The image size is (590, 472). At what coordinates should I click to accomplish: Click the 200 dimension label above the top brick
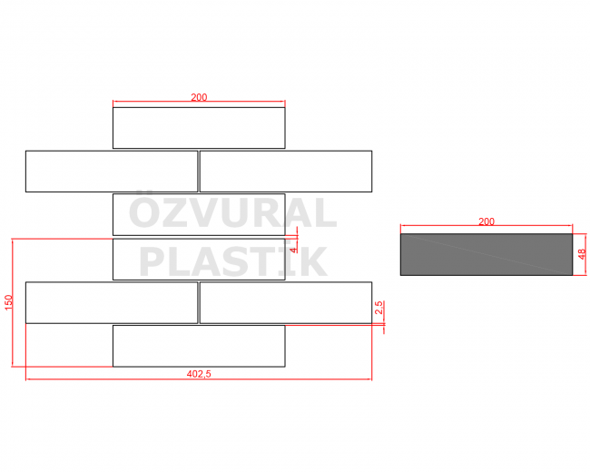(x=199, y=97)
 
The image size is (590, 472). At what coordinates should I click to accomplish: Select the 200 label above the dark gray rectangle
(x=487, y=221)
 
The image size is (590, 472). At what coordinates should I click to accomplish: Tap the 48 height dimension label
(x=582, y=255)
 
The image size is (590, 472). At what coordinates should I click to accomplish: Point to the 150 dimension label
(x=9, y=303)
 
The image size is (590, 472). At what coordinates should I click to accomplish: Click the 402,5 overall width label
(x=199, y=373)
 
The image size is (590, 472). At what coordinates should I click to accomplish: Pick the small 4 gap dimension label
(x=294, y=247)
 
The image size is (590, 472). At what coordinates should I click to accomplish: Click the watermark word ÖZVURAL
(x=232, y=214)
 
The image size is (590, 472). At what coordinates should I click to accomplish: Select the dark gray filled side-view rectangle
(x=487, y=255)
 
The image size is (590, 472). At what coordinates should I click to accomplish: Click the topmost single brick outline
(x=199, y=128)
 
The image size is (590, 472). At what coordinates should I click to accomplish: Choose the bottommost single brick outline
(x=199, y=346)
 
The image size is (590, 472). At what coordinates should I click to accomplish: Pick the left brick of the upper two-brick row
(x=112, y=172)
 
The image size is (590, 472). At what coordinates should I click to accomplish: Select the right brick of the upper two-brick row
(x=286, y=172)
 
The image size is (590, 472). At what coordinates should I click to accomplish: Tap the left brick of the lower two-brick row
(x=112, y=302)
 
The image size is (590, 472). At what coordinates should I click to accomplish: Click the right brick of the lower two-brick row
(x=286, y=302)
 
